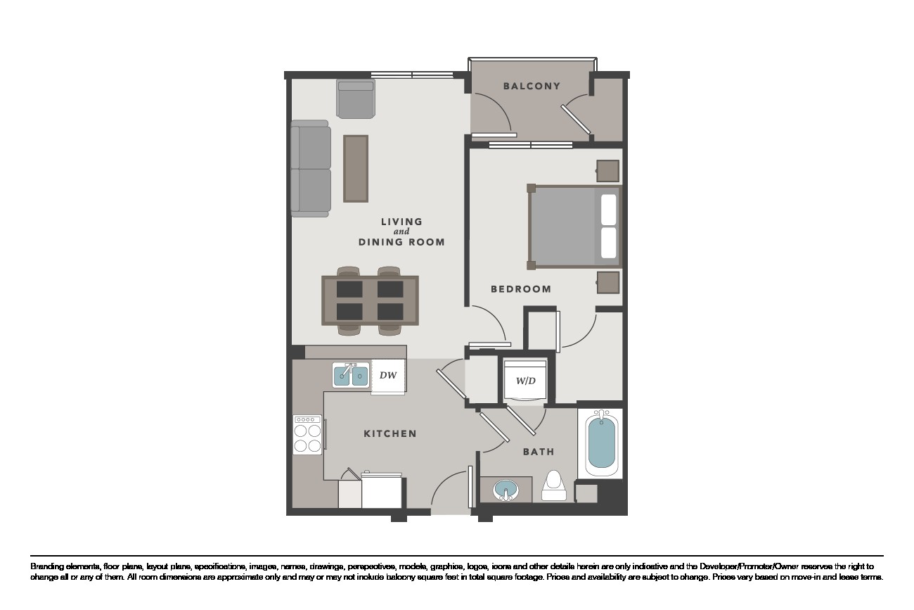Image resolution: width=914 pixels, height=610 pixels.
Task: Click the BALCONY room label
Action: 532,86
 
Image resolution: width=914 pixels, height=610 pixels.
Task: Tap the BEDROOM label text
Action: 521,289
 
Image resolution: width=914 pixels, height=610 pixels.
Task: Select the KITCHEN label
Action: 390,433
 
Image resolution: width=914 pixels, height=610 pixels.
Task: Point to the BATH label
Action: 539,452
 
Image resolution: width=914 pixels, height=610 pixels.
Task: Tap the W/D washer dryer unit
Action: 525,381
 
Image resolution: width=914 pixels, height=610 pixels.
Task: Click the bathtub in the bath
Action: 601,443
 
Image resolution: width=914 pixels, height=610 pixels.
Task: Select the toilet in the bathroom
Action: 554,486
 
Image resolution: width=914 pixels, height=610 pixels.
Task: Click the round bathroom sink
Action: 506,490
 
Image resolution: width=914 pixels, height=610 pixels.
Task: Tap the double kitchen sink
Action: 351,375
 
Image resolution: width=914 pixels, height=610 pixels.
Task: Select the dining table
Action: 370,300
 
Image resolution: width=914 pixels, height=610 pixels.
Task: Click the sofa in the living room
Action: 311,169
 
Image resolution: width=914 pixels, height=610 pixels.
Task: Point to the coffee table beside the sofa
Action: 356,169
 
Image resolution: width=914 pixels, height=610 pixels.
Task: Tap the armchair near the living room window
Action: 356,99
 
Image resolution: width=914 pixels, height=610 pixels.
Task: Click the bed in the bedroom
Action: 574,227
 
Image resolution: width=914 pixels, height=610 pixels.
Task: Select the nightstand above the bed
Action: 608,171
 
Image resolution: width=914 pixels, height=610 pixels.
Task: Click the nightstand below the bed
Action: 608,283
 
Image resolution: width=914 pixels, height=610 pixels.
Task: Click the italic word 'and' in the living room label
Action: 401,232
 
